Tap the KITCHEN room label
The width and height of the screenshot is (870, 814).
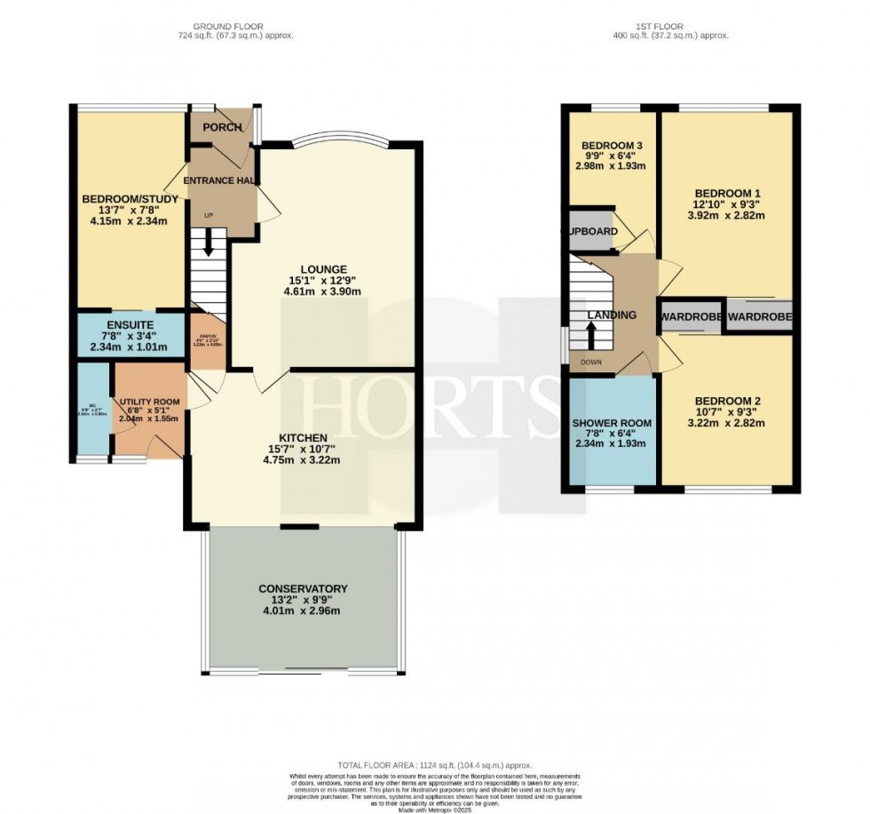303,438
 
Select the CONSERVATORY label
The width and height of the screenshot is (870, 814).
303,588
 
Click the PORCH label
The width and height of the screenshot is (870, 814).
222,127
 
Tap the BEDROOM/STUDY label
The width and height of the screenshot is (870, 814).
130,198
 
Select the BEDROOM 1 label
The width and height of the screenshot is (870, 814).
727,193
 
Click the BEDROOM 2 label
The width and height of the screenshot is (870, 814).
727,400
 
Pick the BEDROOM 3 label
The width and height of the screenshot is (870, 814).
612,146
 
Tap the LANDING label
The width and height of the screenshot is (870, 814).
612,315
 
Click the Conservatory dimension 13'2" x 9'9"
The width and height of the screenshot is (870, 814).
303,600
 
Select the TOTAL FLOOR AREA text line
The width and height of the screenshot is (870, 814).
434,764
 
